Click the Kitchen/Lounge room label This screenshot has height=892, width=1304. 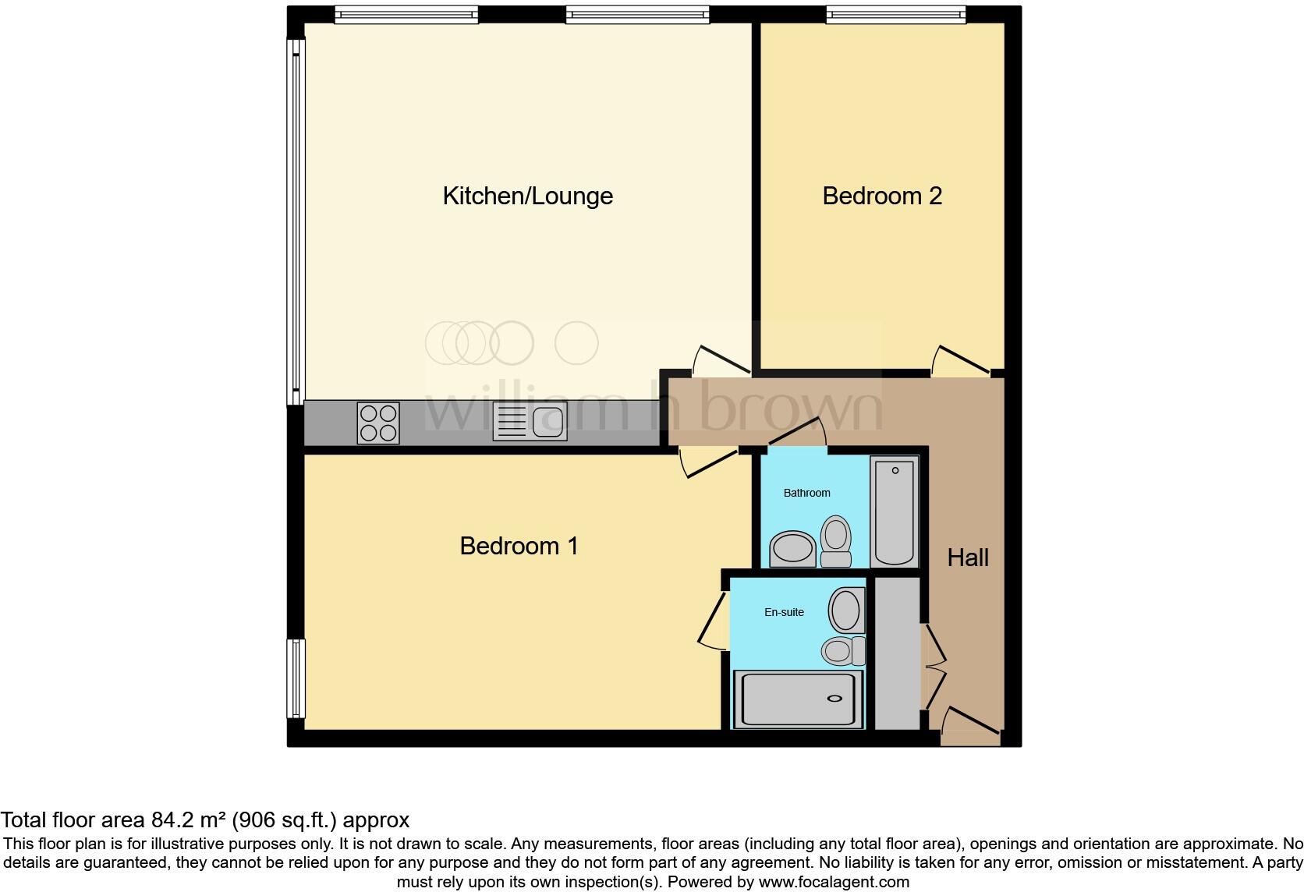pos(527,196)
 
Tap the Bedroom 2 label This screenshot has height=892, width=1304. pos(882,196)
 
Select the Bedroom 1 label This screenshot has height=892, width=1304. pos(519,546)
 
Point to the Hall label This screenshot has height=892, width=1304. pos(967,557)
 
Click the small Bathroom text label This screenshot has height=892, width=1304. pos(806,493)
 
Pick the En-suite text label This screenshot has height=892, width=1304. pos(784,612)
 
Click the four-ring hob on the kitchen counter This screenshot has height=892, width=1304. pos(378,423)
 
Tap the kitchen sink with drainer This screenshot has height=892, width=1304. pos(530,423)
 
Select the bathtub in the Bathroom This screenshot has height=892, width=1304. pos(895,511)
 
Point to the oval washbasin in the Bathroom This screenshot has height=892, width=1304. pos(792,547)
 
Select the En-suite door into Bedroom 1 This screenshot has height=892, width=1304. pos(711,621)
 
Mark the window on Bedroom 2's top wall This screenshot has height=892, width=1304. pos(895,14)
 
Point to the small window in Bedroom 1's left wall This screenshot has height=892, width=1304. pos(296,678)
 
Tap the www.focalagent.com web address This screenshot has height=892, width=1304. pos(833,883)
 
